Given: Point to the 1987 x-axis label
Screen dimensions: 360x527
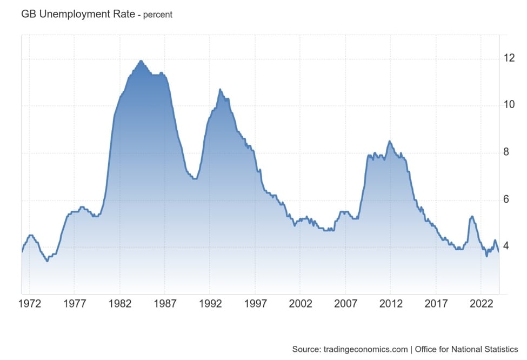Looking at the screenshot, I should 165,304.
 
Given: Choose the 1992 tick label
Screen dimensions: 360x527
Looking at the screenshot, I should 210,304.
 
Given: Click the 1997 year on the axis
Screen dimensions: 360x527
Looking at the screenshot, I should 256,304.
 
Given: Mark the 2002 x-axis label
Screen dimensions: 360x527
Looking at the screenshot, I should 301,304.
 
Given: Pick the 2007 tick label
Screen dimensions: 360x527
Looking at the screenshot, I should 346,304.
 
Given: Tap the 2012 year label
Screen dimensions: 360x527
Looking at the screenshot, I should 391,304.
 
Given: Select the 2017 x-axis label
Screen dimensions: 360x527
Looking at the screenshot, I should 436,304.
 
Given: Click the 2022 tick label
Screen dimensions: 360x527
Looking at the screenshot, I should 482,304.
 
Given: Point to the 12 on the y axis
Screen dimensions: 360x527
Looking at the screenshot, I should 510,58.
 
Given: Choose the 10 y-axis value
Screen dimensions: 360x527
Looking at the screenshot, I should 510,105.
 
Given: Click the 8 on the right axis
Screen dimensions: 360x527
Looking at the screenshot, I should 506,152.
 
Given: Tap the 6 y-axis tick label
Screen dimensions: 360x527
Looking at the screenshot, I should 506,199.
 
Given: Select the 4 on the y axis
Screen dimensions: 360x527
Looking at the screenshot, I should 506,246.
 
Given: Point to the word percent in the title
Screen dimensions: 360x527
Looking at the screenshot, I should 158,15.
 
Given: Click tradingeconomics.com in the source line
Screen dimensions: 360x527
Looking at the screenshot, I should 365,349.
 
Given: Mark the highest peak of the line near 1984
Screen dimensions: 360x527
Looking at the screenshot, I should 141,61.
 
